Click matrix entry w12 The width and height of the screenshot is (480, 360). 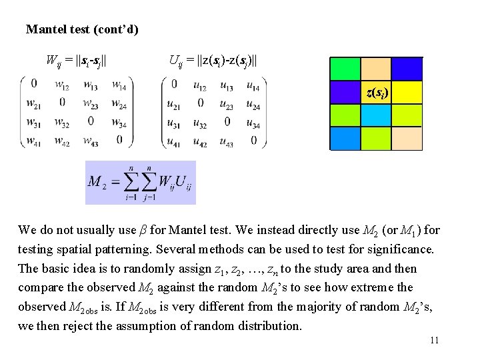[62, 85]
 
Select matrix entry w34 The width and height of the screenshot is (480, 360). [119, 122]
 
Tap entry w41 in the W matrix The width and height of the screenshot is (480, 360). [33, 141]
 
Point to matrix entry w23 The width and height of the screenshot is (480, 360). [91, 103]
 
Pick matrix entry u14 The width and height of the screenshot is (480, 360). [253, 85]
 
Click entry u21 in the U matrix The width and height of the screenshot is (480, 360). [173, 103]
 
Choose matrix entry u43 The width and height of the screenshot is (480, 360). [226, 141]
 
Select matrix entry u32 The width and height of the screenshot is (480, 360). [200, 122]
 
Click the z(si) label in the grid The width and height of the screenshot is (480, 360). [377, 92]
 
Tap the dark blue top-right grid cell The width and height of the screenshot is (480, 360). [407, 69]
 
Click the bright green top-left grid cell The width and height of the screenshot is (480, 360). [345, 69]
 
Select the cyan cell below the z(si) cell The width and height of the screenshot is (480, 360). [376, 115]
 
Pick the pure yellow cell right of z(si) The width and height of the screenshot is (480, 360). [407, 92]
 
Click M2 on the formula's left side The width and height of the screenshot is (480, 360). [97, 181]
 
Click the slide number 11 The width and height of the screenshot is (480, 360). [435, 341]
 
